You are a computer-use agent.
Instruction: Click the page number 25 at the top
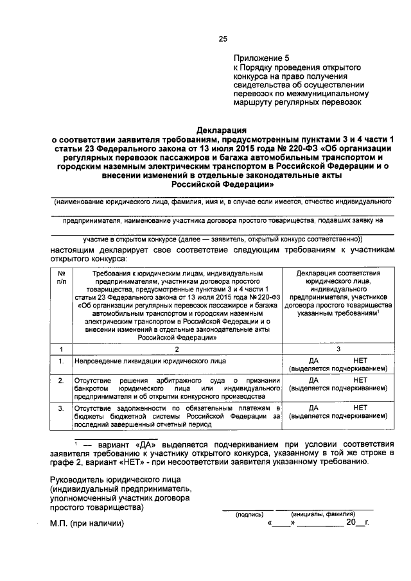pos(223,39)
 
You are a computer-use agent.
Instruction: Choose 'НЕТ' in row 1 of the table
pos(360,361)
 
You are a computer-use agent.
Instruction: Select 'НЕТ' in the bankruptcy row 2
pos(360,380)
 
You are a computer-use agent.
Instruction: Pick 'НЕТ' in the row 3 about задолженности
pos(360,408)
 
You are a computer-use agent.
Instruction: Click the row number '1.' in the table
pos(61,361)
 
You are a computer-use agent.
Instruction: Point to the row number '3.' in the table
pos(61,408)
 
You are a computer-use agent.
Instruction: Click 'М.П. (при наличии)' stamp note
pos(87,523)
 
